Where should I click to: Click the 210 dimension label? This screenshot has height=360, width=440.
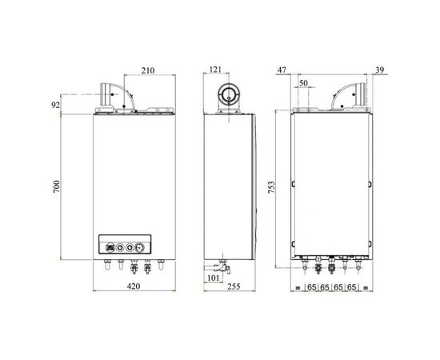(x=148, y=70)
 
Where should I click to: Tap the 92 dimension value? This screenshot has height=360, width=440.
(x=55, y=106)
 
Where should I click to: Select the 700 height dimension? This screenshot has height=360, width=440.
(x=57, y=187)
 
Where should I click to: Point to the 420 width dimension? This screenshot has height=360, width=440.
(x=134, y=286)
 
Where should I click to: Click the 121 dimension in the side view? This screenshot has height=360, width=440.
(x=215, y=70)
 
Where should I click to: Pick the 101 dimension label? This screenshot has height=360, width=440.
(x=213, y=278)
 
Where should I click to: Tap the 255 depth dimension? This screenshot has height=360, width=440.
(x=234, y=286)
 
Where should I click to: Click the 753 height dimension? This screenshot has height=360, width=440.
(x=271, y=187)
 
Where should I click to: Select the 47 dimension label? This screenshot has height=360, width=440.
(x=282, y=70)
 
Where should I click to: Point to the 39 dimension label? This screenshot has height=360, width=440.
(x=379, y=70)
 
